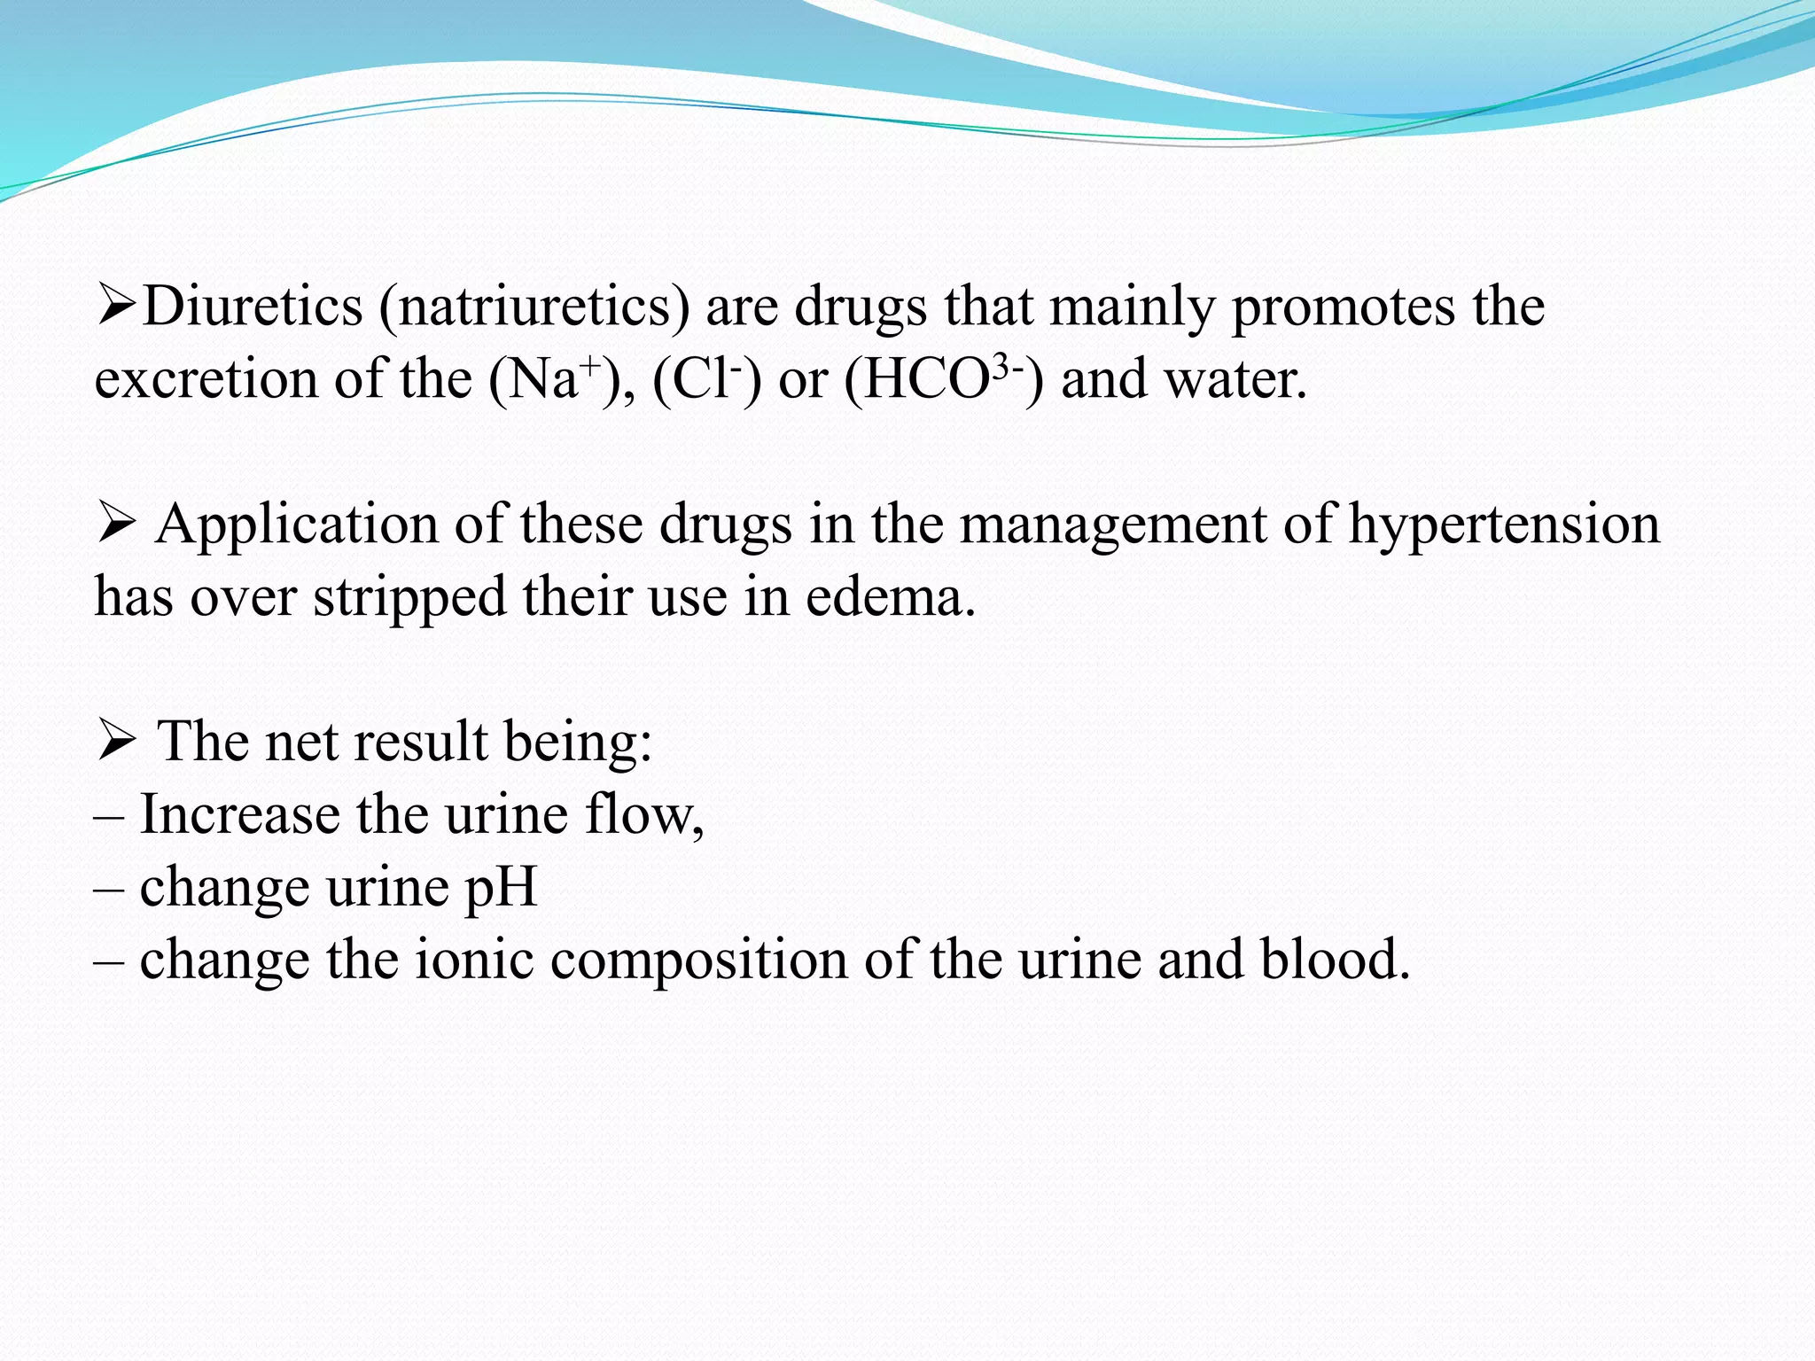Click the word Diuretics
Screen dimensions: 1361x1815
pos(253,307)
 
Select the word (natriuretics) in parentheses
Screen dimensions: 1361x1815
pos(534,308)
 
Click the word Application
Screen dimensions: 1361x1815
pos(297,525)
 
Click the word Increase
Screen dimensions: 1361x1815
pos(239,814)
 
